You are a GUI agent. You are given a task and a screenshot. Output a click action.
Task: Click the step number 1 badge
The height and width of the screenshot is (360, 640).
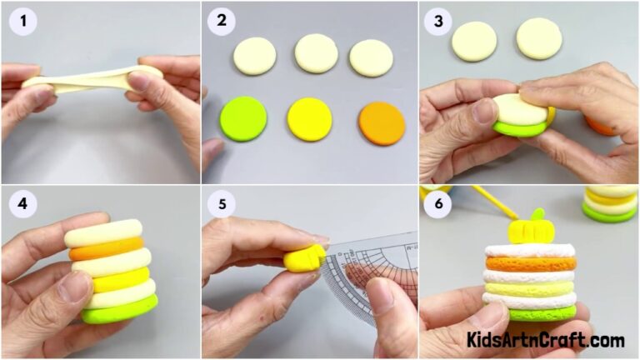23,22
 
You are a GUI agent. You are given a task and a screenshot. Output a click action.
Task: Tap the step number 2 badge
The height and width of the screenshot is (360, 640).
222,22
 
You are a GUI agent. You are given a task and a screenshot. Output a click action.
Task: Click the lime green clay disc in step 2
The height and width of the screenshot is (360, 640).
243,118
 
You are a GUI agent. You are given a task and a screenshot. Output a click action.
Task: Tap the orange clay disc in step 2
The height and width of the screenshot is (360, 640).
382,123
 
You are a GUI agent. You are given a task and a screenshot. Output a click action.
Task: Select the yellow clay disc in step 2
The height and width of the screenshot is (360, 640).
309,119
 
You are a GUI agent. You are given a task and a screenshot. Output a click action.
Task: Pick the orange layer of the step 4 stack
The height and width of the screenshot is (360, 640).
106,247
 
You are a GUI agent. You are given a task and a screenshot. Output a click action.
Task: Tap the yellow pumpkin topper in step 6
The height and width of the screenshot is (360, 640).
526,227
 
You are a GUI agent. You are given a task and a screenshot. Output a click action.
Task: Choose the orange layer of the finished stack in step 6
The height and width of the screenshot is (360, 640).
531,262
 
